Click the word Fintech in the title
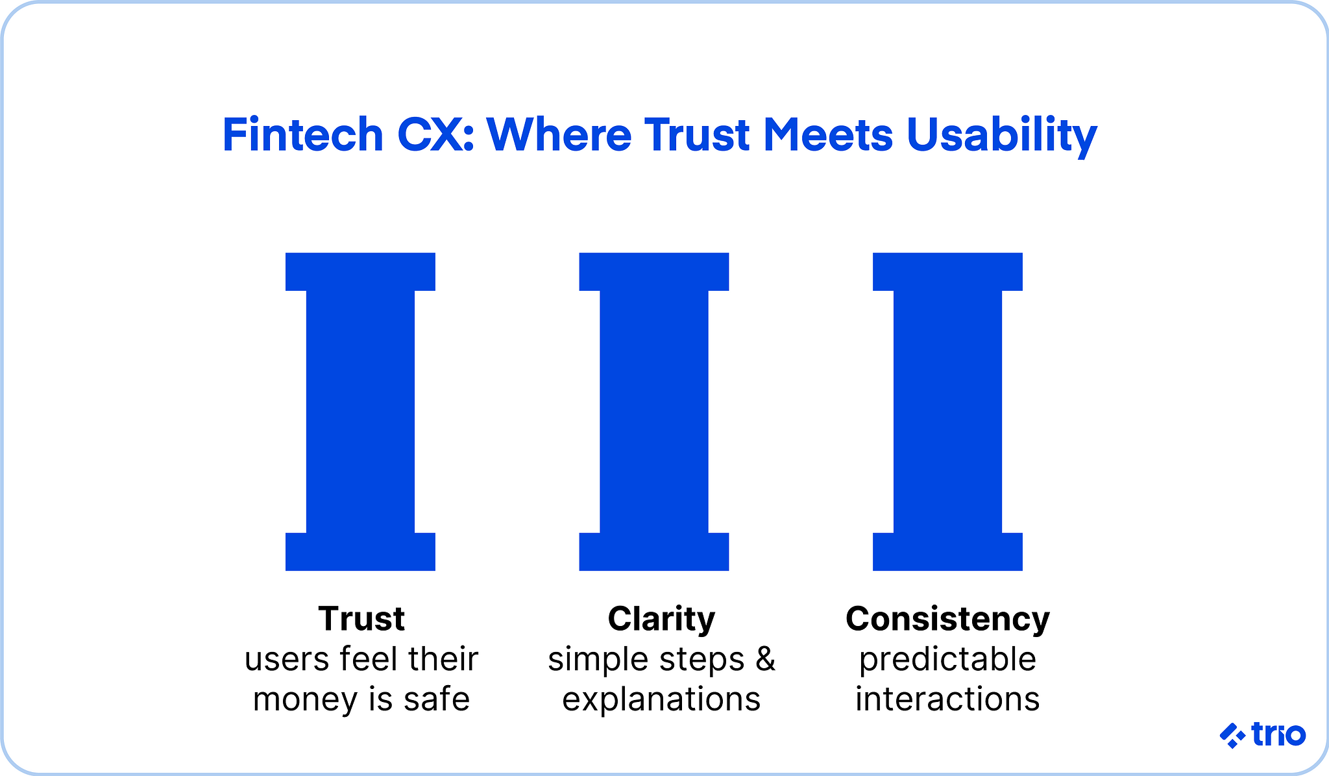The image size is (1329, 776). [x=303, y=135]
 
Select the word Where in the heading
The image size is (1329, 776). [x=559, y=135]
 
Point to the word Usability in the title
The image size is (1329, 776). [x=1001, y=136]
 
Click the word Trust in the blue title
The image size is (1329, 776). [x=698, y=135]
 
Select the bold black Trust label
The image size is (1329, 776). [x=361, y=618]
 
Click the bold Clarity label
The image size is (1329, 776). [x=661, y=618]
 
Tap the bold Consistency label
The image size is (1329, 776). [x=947, y=618]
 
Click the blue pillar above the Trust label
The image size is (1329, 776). [x=360, y=412]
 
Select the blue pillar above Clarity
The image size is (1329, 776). [x=654, y=412]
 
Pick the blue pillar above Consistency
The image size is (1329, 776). [x=947, y=412]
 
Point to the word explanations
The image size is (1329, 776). [x=661, y=699]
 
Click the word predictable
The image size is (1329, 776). [x=947, y=660]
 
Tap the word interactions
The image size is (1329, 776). [x=947, y=699]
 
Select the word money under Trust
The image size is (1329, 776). [x=304, y=700]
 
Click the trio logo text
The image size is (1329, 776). [x=1278, y=734]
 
